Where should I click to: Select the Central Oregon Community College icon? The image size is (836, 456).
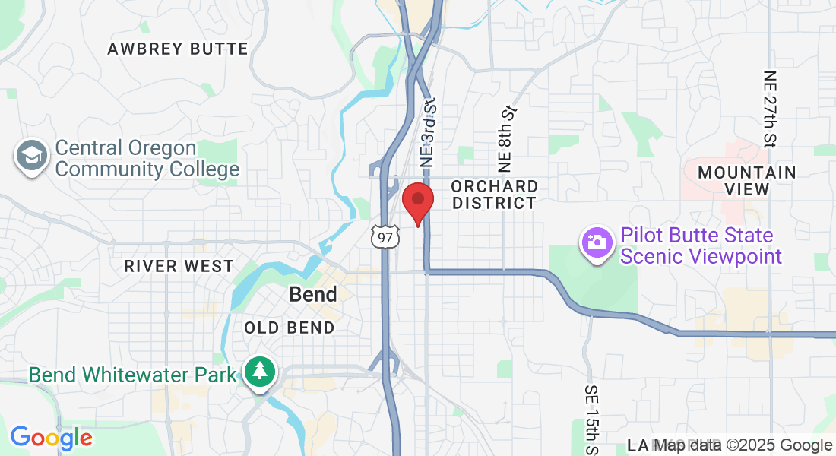pyautogui.click(x=31, y=157)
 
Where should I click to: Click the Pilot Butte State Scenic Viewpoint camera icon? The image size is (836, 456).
pyautogui.click(x=597, y=243)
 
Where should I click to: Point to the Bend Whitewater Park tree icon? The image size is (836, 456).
pyautogui.click(x=261, y=372)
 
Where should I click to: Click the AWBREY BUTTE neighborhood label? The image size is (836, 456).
pyautogui.click(x=178, y=49)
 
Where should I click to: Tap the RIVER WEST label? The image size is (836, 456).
pyautogui.click(x=179, y=266)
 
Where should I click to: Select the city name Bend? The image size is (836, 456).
pyautogui.click(x=313, y=295)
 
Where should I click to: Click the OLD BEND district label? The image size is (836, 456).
pyautogui.click(x=290, y=328)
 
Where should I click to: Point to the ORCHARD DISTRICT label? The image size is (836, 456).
pyautogui.click(x=494, y=195)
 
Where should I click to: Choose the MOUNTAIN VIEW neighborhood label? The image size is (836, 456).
pyautogui.click(x=747, y=181)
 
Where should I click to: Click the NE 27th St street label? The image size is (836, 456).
pyautogui.click(x=769, y=109)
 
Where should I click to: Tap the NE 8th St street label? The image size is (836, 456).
pyautogui.click(x=507, y=138)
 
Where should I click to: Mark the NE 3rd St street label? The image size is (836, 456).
pyautogui.click(x=429, y=131)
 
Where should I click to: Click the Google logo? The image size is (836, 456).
pyautogui.click(x=51, y=438)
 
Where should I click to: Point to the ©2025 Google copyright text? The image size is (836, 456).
pyautogui.click(x=780, y=445)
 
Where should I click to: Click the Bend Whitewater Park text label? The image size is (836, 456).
pyautogui.click(x=133, y=375)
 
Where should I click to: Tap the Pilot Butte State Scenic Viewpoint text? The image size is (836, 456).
pyautogui.click(x=701, y=245)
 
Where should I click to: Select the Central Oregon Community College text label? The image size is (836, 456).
pyautogui.click(x=147, y=158)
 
